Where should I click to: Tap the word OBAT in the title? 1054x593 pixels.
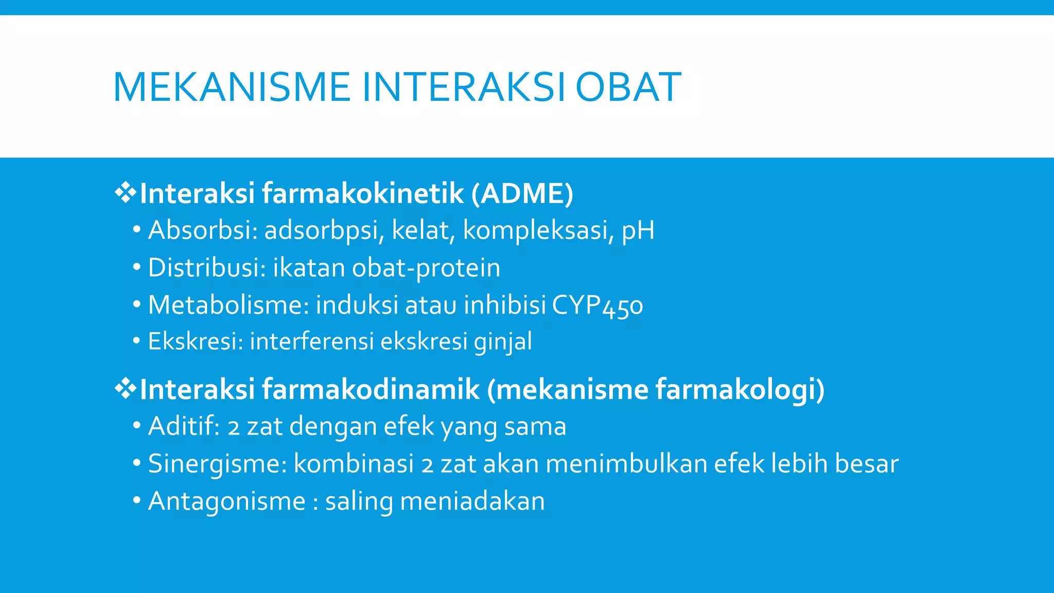click(x=628, y=87)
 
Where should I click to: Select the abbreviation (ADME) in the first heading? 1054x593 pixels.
click(x=522, y=194)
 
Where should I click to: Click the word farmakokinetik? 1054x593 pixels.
click(x=363, y=194)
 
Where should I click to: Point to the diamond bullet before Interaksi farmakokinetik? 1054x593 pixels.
click(x=125, y=194)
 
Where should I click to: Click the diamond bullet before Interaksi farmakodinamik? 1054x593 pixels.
click(x=125, y=389)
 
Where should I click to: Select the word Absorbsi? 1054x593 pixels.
click(x=202, y=230)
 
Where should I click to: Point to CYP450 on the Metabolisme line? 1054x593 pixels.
click(x=597, y=305)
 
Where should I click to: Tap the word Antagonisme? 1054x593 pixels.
click(x=226, y=501)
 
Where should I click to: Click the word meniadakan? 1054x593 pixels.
click(x=472, y=501)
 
